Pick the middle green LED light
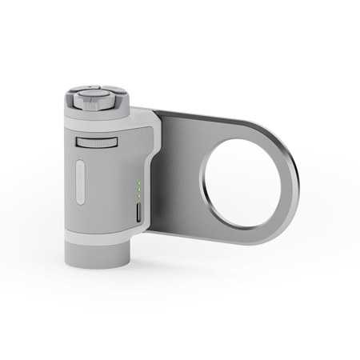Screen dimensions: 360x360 [x=138, y=190]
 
